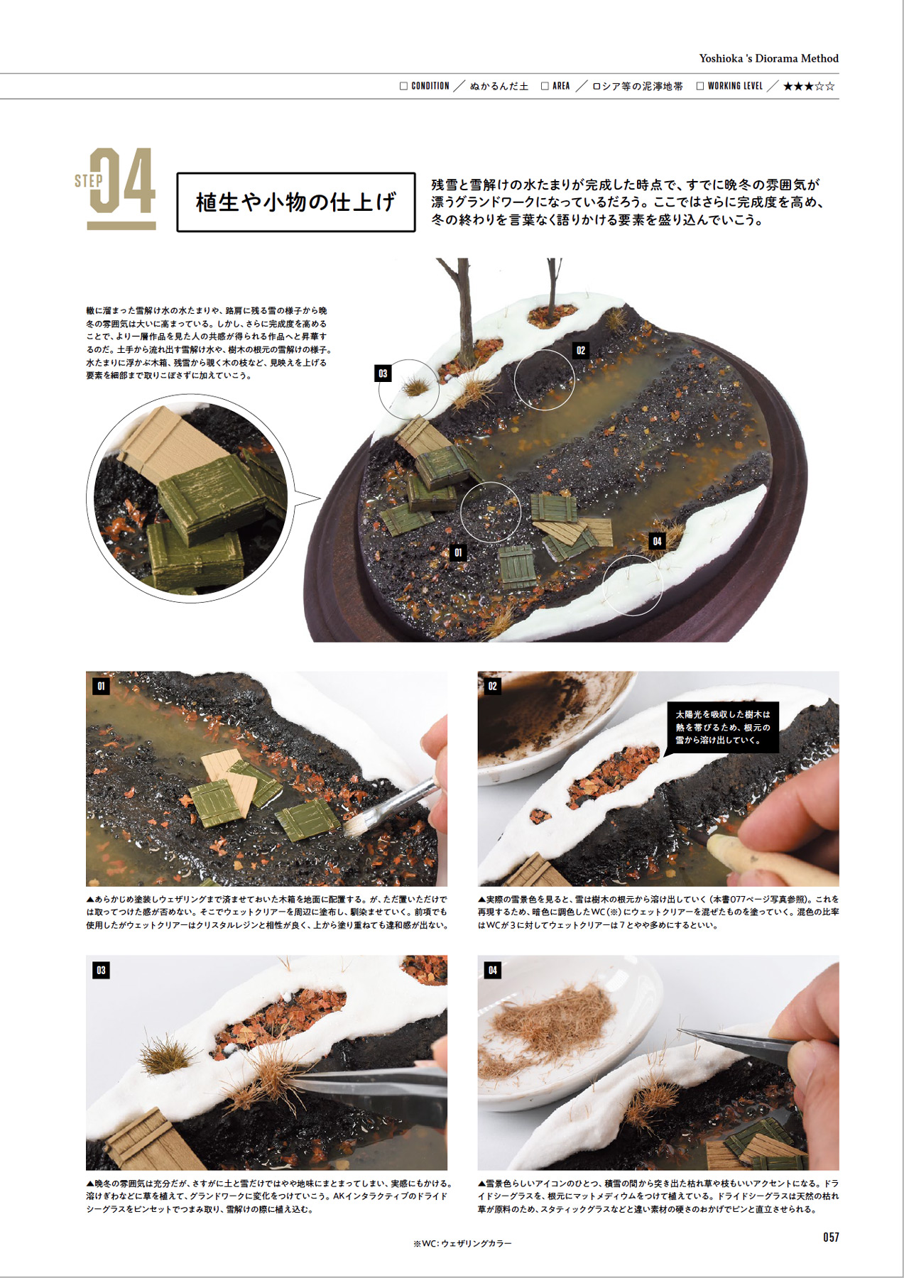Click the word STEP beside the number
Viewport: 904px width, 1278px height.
pos(88,181)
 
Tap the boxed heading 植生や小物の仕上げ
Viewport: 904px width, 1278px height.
pos(295,202)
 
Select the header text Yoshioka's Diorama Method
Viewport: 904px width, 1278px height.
pos(768,58)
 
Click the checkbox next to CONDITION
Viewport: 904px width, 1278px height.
pos(403,86)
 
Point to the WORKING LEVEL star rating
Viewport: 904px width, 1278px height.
pos(809,87)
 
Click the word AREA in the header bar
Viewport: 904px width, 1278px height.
pos(561,86)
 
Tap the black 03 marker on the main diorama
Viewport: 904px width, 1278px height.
pos(383,373)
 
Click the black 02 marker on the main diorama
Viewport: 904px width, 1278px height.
pos(581,350)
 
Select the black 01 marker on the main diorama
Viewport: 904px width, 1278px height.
pos(458,552)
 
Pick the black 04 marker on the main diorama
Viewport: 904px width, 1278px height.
pos(657,541)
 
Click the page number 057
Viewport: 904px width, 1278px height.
pos(831,1238)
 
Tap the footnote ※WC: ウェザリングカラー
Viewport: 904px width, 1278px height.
pos(462,1243)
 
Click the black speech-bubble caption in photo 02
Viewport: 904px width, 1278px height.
pos(723,727)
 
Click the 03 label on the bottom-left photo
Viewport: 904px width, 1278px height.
pos(101,971)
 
